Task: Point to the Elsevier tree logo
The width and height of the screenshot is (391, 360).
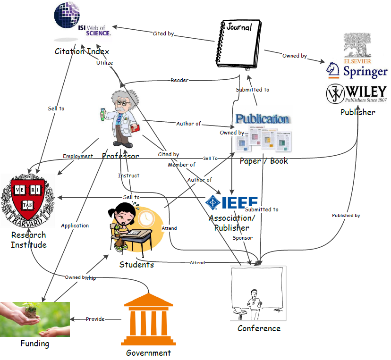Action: point(357,46)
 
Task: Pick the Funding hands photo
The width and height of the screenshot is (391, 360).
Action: point(34,319)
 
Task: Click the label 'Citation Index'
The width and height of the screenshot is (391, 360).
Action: point(82,51)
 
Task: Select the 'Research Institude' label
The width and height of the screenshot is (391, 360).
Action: point(29,240)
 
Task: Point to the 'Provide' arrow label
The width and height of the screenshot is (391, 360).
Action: point(95,319)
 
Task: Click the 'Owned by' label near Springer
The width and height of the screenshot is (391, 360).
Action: point(294,56)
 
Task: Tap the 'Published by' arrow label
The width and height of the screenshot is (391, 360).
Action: point(346,215)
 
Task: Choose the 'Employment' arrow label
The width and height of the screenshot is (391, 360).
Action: point(78,156)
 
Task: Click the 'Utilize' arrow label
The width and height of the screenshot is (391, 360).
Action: point(104,63)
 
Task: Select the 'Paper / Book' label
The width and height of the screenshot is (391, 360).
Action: point(263,161)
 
